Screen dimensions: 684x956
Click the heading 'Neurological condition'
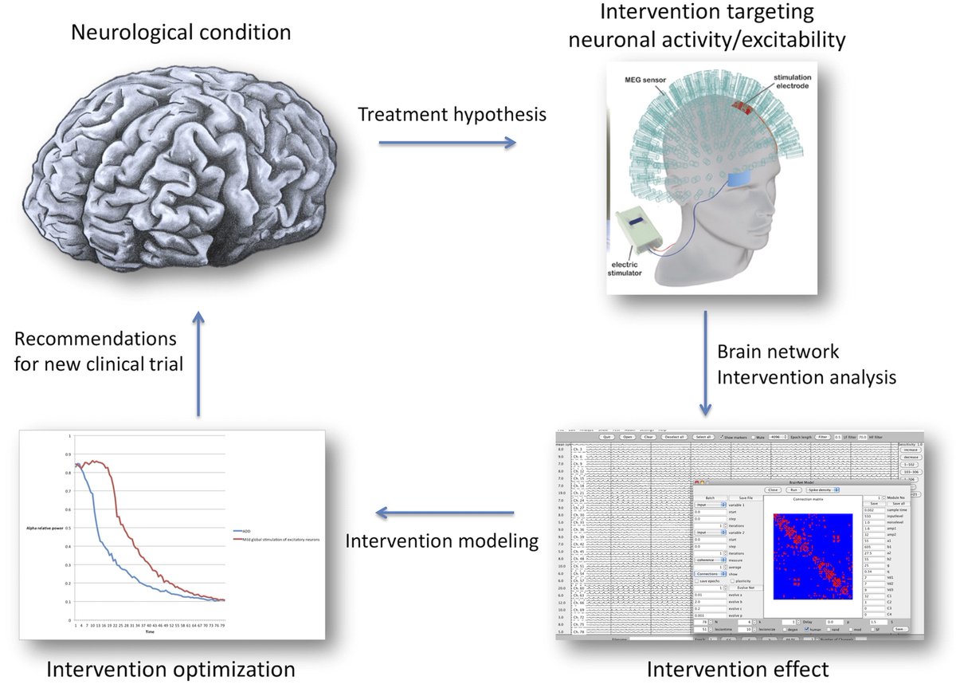coord(180,33)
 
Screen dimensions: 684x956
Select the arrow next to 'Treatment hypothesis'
coord(446,143)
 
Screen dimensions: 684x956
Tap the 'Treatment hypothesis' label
coord(452,114)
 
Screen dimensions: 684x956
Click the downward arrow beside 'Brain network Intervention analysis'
coord(706,364)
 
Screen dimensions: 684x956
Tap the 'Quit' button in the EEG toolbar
coord(606,437)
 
